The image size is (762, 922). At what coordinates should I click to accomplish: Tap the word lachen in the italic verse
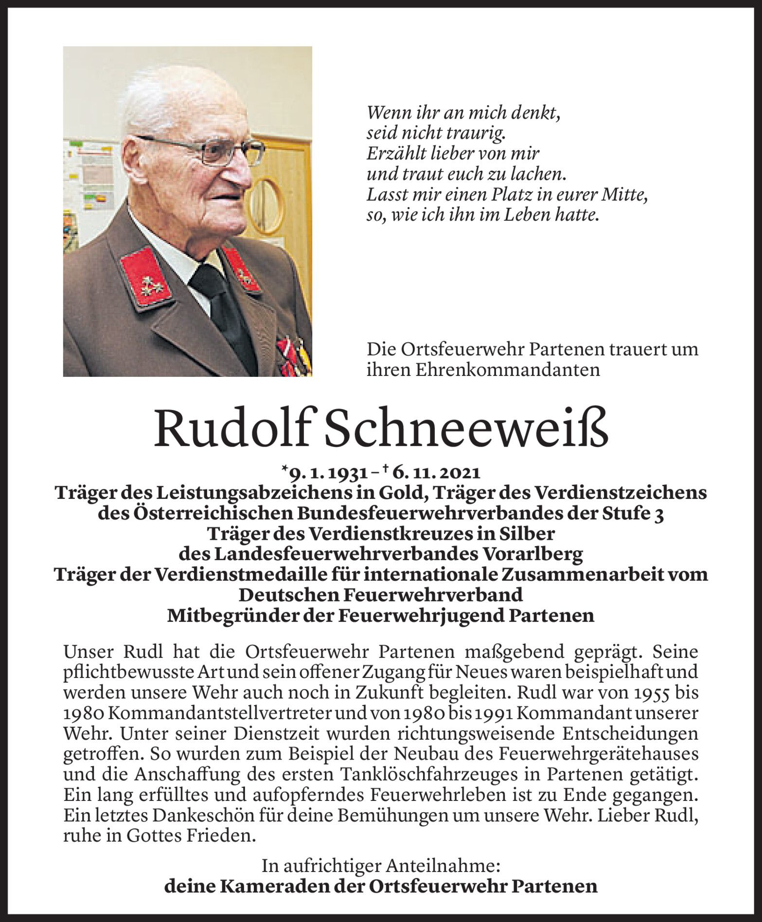(537, 174)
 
